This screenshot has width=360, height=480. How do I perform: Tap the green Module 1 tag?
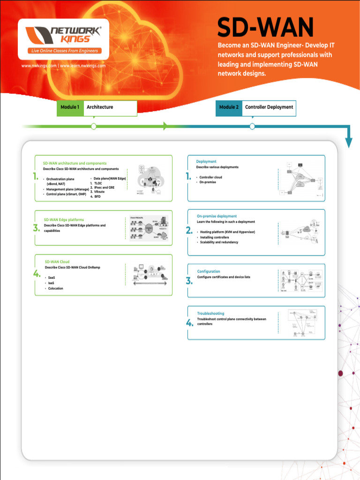[x=70, y=107]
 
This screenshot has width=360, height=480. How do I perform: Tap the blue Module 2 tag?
[x=229, y=107]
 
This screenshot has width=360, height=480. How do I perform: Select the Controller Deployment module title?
[x=269, y=107]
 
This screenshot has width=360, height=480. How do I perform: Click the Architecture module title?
[x=100, y=107]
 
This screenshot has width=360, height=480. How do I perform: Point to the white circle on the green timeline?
[x=94, y=126]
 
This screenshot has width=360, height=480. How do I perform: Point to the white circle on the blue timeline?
[x=252, y=126]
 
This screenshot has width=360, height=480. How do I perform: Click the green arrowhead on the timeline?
[x=165, y=126]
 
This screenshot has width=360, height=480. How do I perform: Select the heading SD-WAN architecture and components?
[x=75, y=163]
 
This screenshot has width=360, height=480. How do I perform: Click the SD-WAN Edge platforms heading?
[x=64, y=219]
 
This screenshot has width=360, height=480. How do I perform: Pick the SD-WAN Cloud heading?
[x=57, y=262]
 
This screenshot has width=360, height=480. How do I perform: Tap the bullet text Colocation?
[x=55, y=288]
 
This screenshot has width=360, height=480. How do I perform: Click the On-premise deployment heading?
[x=217, y=216]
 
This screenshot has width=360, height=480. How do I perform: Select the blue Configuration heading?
[x=208, y=271]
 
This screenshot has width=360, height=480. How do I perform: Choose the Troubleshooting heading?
[x=210, y=313]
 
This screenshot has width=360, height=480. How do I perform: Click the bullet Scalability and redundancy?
[x=219, y=242]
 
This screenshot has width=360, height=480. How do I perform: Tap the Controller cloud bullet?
[x=210, y=177]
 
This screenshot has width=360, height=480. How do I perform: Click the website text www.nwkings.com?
[x=39, y=66]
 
